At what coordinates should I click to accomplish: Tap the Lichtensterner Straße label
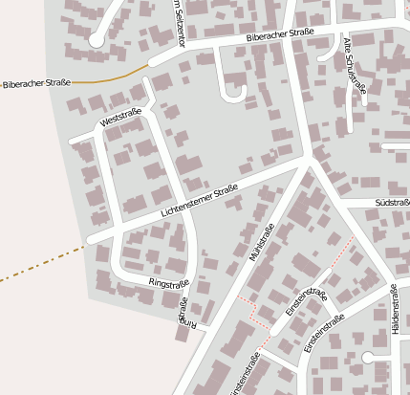coord(199,203)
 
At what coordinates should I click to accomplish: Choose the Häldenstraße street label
coord(394,326)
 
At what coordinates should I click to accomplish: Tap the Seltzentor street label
coord(179,24)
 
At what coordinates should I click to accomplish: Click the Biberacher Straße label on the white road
coord(280,36)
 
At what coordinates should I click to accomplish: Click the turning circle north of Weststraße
coord(96,41)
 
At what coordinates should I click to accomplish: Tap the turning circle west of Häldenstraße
coord(368,358)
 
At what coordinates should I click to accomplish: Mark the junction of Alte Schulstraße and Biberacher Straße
coord(340,32)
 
